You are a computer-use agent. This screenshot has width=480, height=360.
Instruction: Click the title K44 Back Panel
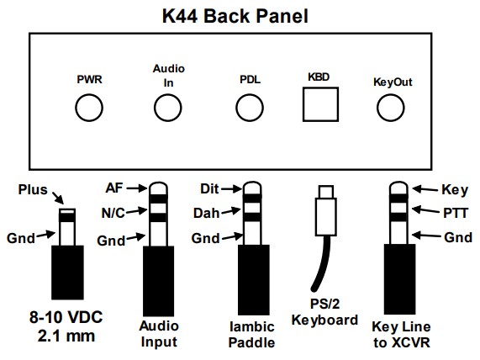[x=235, y=16]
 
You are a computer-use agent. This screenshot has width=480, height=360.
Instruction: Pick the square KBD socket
[x=320, y=104]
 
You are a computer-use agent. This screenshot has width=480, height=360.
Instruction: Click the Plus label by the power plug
[x=33, y=189]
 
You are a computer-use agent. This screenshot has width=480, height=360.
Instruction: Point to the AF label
[x=114, y=188]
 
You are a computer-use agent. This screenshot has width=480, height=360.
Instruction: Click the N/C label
[x=113, y=213]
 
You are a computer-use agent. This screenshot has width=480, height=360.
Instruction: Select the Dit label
[x=209, y=188]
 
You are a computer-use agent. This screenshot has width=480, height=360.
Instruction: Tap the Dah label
[x=206, y=214]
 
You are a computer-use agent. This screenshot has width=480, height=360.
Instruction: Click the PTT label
[x=456, y=214]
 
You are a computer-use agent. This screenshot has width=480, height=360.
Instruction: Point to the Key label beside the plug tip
[x=455, y=190]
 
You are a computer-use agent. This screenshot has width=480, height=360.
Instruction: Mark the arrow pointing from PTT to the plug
[x=426, y=210]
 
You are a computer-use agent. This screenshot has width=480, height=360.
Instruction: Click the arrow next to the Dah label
[x=231, y=211]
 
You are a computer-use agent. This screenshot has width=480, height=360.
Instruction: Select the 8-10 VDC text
[x=66, y=317]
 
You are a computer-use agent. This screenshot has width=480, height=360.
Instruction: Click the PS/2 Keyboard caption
[x=324, y=312]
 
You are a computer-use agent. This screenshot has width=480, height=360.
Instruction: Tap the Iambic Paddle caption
[x=251, y=335]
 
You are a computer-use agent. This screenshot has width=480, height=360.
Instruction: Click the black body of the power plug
[x=67, y=273]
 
